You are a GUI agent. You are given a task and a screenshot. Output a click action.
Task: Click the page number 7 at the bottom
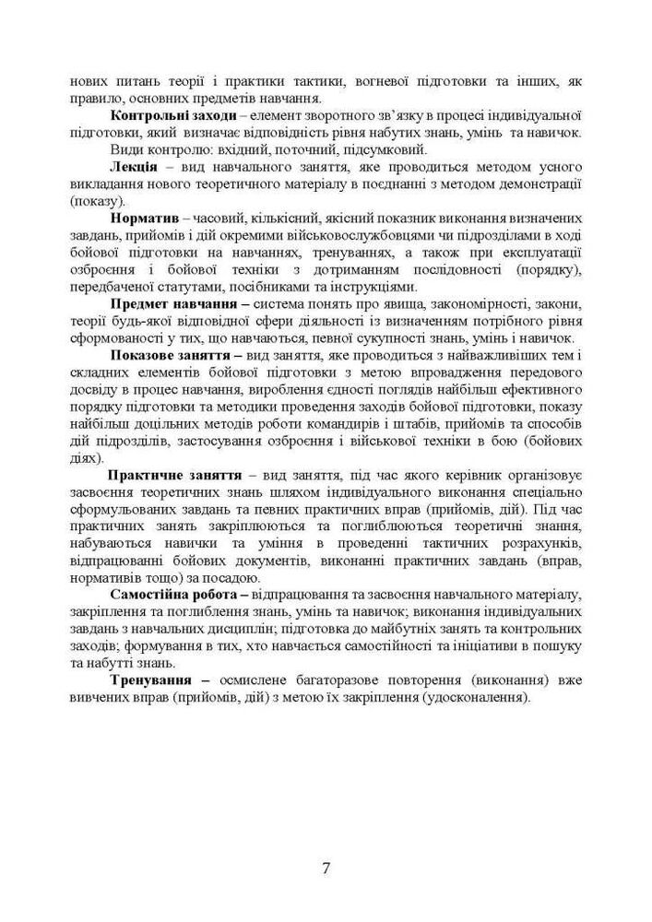click(x=326, y=867)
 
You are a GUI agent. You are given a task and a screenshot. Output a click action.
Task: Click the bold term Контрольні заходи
click(x=172, y=116)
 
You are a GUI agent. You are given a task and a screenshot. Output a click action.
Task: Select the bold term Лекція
click(x=136, y=166)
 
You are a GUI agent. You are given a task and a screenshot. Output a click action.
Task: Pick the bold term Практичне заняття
click(x=174, y=475)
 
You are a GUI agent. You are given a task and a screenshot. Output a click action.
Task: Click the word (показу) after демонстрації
click(x=95, y=200)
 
